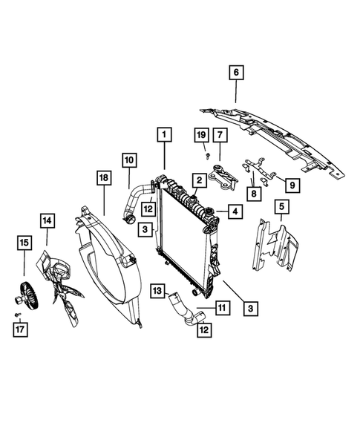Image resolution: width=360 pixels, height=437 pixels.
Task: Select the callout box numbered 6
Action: [x=236, y=73]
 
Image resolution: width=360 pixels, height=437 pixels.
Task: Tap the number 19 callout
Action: [x=201, y=134]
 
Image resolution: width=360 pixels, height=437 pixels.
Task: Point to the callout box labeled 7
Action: [x=220, y=135]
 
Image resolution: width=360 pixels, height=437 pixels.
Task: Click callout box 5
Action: [x=281, y=206]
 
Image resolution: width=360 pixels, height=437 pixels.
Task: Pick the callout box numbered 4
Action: [x=233, y=212]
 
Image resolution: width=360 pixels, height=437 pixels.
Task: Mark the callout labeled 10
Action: [x=128, y=160]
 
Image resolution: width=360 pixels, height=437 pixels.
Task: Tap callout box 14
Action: [x=48, y=220]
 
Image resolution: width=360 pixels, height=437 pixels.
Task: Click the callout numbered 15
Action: [x=24, y=242]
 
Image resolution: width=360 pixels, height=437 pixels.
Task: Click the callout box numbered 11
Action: [x=221, y=306]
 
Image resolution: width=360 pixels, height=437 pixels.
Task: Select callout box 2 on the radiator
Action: [x=200, y=180]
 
